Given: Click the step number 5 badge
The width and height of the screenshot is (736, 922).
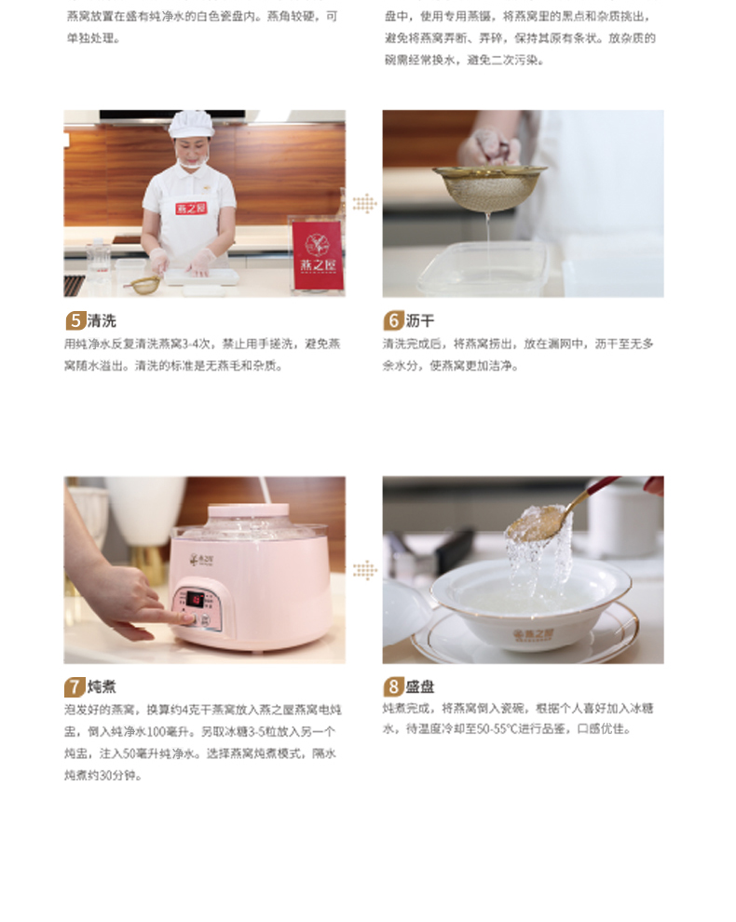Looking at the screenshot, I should [x=75, y=321].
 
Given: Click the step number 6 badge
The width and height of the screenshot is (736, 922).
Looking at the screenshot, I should [x=393, y=321].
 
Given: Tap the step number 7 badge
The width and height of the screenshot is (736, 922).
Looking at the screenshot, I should [x=75, y=688].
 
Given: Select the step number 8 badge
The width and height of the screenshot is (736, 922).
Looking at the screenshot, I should [x=393, y=688].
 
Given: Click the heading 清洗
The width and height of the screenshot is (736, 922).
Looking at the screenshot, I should [x=102, y=321].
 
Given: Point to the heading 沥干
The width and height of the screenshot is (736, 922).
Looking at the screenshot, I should [x=420, y=321].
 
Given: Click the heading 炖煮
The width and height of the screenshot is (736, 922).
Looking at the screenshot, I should [x=102, y=688].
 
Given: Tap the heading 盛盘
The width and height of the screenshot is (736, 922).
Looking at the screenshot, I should [x=420, y=688].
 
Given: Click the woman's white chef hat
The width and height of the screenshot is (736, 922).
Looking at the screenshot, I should [x=191, y=124].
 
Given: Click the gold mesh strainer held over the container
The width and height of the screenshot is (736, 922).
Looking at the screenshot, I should [x=489, y=186].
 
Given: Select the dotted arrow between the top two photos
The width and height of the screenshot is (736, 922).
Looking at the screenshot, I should [x=364, y=204].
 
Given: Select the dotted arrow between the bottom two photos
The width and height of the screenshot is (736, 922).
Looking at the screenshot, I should [x=364, y=570].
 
